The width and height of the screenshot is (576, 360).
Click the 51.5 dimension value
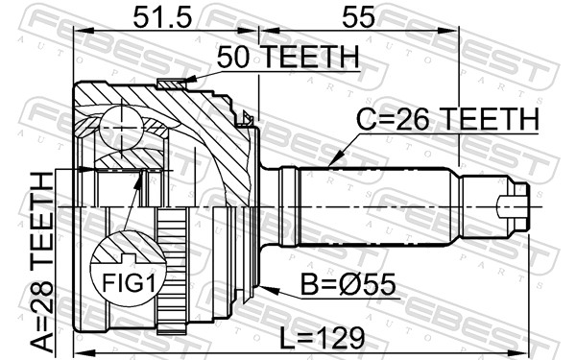(162, 17)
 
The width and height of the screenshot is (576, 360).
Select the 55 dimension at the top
(358, 17)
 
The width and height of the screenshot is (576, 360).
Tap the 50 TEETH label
(288, 58)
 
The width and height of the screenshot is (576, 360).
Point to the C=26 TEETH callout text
(448, 119)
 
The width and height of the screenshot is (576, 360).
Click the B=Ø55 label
(348, 284)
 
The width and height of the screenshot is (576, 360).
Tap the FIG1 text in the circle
(129, 283)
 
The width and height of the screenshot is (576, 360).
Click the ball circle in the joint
(121, 128)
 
